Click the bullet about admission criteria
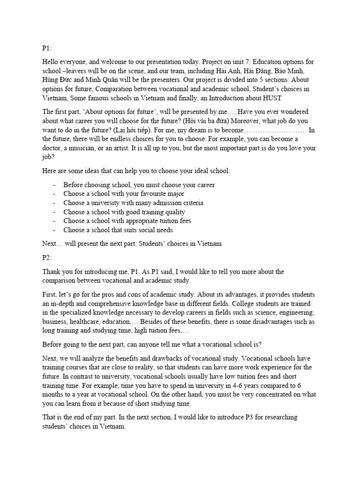point(133,203)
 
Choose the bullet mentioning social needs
point(118,230)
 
